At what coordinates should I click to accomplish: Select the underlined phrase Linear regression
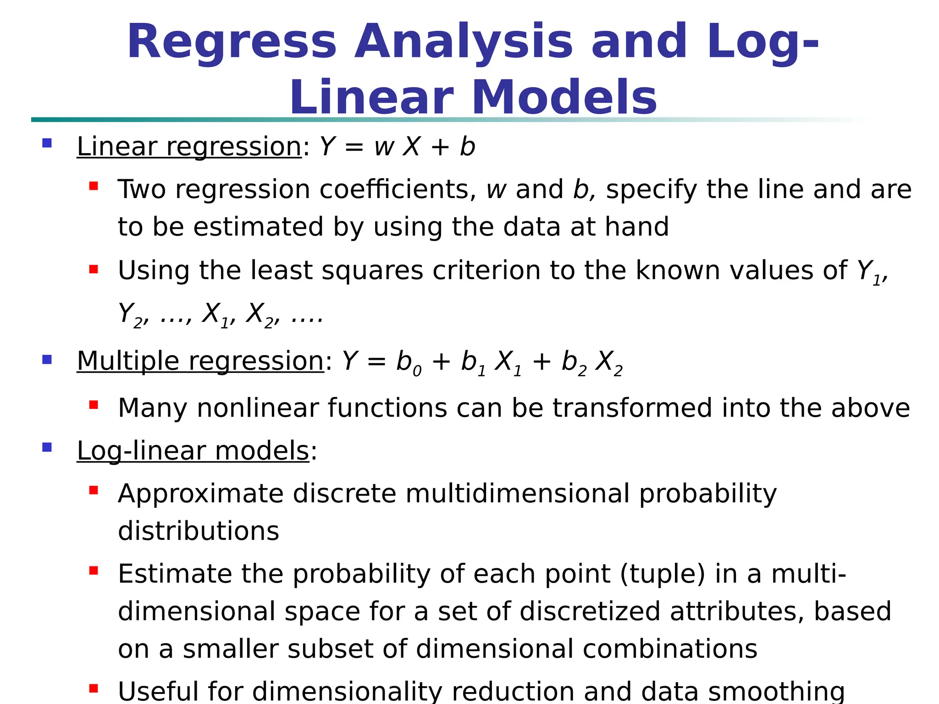coord(189,147)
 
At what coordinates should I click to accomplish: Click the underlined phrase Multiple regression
coord(200,361)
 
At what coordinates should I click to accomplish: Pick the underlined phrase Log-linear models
coord(193,451)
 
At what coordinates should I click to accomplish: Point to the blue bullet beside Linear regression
coord(47,143)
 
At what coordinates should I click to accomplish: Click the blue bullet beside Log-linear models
coord(47,447)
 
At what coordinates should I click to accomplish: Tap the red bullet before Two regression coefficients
coord(94,186)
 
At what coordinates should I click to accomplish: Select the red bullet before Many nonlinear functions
coord(94,405)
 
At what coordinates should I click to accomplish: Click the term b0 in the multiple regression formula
coord(409,363)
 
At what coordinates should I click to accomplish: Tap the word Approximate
coord(201,494)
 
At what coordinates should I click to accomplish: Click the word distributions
coord(199,531)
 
